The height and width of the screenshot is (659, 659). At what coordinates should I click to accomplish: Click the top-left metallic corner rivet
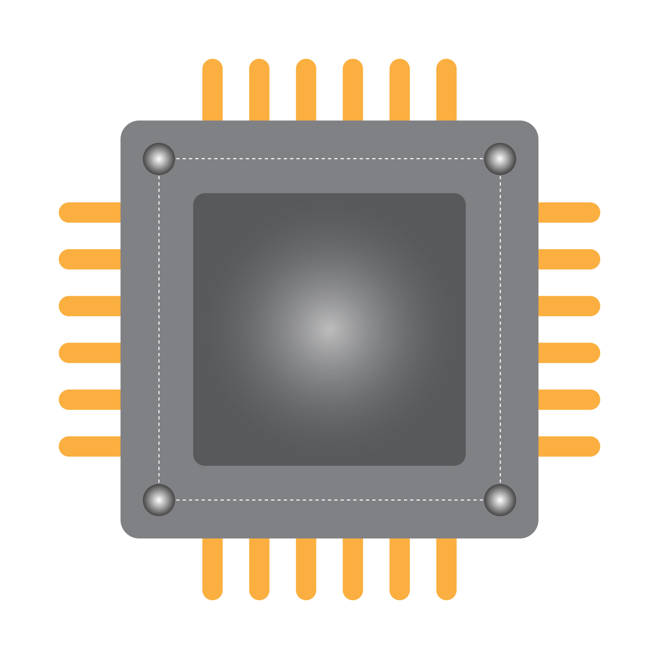point(159,159)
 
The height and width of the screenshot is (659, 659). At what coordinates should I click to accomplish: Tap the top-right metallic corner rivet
point(500,159)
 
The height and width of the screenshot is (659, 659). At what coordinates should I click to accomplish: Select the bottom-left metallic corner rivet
point(159,500)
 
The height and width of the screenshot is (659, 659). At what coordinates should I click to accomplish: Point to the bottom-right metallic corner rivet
point(500,500)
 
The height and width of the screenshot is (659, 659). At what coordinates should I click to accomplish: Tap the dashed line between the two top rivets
point(329,159)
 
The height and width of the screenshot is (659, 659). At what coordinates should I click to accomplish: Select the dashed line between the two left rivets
point(159,329)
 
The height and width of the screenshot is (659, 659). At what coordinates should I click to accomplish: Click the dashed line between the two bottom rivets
point(329,500)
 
